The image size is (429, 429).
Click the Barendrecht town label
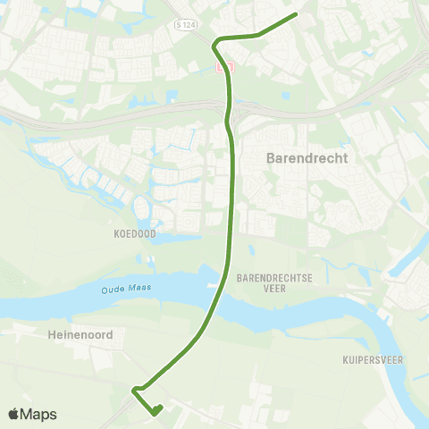(307, 158)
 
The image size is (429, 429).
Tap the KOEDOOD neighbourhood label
(134, 233)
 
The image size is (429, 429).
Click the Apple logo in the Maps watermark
(15, 414)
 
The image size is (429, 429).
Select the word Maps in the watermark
(39, 414)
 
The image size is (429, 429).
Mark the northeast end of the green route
(296, 14)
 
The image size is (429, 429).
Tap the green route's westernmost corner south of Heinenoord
(133, 390)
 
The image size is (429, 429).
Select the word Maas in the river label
(138, 286)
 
